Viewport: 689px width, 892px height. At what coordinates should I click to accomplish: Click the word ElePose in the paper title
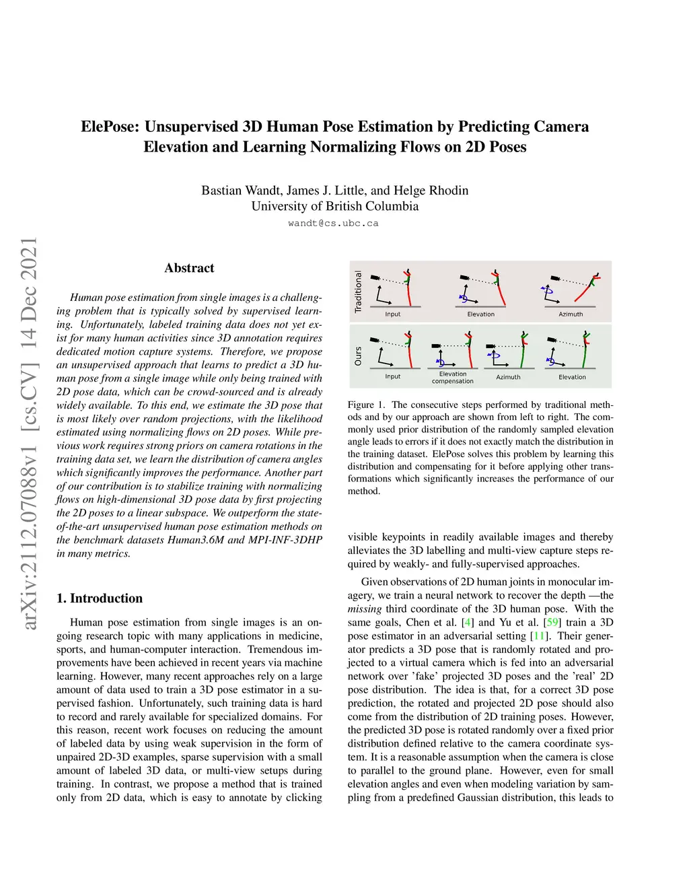tap(110, 127)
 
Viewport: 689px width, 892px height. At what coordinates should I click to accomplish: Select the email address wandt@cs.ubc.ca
tap(333, 224)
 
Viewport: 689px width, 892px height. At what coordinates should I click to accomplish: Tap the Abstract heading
tap(189, 268)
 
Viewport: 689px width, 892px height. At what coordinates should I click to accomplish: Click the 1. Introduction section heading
tap(100, 598)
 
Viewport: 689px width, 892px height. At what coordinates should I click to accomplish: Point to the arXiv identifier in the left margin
tap(29, 434)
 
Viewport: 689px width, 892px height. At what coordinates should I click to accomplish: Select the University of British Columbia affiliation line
tap(335, 207)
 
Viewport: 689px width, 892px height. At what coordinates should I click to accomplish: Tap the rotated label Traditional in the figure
tap(358, 291)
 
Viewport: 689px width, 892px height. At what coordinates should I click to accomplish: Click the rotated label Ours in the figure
tap(358, 356)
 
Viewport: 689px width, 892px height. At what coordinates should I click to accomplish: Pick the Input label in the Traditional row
tap(392, 314)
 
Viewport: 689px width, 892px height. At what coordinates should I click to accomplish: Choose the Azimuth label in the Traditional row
tap(571, 314)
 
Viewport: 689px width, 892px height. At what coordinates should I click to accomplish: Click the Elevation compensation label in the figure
tap(453, 378)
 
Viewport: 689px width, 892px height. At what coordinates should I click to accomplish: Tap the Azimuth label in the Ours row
tap(508, 377)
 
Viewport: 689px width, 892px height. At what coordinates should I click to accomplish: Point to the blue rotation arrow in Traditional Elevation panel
tap(463, 297)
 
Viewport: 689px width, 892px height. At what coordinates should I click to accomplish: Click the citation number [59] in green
tap(552, 623)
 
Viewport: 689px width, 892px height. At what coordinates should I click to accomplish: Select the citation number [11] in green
tap(539, 636)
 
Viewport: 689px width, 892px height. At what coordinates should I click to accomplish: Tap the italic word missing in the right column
tap(365, 609)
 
